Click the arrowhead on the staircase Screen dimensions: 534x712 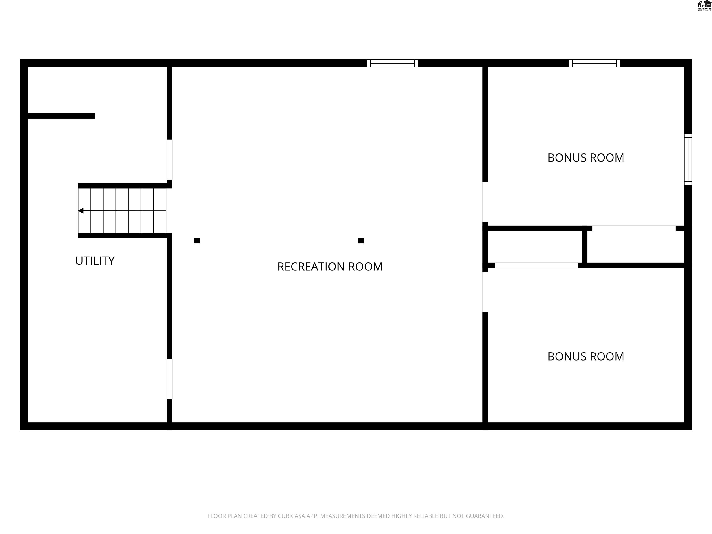(81, 211)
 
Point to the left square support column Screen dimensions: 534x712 (197, 240)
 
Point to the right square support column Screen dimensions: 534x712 (361, 240)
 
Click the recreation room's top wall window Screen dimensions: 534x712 (392, 64)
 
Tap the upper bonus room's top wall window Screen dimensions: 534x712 (594, 64)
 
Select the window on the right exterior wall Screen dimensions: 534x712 (688, 160)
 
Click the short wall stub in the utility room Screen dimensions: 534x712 (61, 116)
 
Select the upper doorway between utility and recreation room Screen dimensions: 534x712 (169, 160)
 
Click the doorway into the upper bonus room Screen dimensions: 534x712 (485, 202)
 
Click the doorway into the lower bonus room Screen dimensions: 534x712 (485, 292)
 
